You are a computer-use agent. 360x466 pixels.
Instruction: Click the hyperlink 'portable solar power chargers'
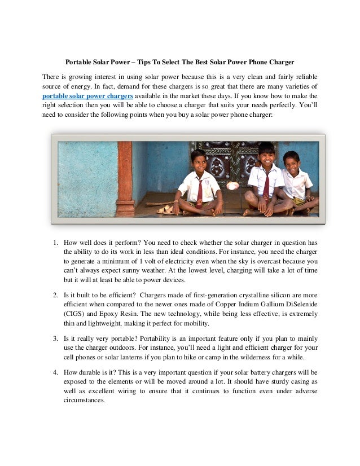tap(88, 96)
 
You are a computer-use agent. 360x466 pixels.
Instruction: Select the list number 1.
tap(55, 243)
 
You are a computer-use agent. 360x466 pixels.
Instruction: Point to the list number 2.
tap(55, 294)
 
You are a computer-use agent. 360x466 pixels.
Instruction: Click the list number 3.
tap(55, 338)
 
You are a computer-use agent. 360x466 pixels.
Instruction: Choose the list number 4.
tap(55, 373)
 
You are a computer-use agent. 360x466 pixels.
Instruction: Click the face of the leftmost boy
tap(198, 161)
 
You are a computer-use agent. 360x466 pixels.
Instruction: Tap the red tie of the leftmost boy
tap(199, 192)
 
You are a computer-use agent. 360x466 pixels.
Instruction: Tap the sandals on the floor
tap(165, 209)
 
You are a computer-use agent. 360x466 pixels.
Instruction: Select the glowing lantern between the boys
tap(232, 184)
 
